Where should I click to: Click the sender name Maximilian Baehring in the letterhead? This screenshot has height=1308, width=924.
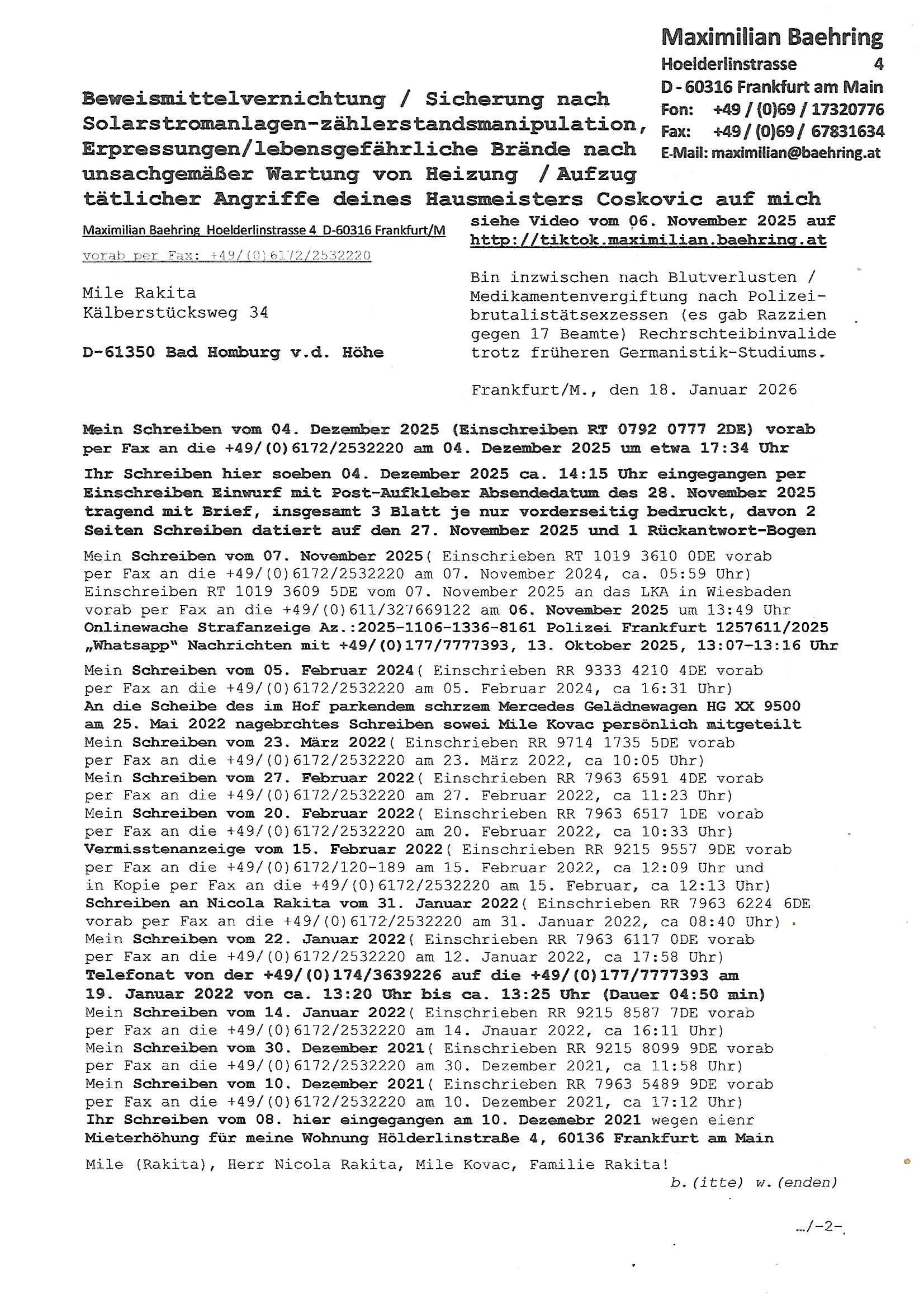[771, 37]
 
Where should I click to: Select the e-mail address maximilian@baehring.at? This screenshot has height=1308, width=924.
[795, 153]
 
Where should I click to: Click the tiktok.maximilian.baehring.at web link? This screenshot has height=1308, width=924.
[648, 240]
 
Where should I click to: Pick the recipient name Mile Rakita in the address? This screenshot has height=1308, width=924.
[139, 293]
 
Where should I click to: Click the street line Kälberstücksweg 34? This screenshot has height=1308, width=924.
[176, 313]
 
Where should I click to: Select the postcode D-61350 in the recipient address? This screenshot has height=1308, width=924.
[119, 352]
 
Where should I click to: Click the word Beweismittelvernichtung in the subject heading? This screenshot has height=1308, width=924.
[234, 99]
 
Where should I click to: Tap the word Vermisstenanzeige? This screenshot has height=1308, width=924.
[164, 849]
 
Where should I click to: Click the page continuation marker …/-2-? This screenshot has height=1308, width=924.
[819, 1226]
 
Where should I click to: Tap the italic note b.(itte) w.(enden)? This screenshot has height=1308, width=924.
[753, 1183]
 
